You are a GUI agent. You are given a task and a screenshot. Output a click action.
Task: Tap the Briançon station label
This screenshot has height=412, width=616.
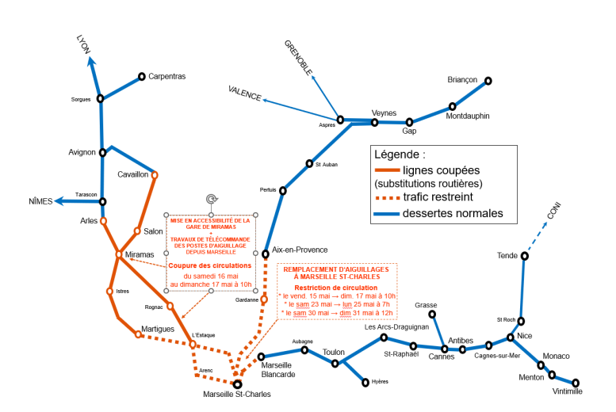click(x=462, y=79)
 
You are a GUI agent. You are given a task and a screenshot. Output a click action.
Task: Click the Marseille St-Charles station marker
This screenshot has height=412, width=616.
click(x=237, y=383)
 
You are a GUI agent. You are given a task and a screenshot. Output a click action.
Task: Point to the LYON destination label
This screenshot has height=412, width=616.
click(x=83, y=44)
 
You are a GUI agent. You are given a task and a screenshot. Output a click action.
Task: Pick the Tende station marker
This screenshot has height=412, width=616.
click(x=525, y=255)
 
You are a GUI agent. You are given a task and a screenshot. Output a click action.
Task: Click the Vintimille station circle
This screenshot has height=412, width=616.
click(x=576, y=383)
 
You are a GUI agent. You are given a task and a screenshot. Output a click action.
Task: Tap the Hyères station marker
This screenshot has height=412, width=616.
click(x=365, y=382)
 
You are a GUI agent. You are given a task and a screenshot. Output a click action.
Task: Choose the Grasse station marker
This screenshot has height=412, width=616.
click(x=432, y=314)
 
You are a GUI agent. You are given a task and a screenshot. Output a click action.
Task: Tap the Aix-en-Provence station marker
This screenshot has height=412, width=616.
click(x=266, y=254)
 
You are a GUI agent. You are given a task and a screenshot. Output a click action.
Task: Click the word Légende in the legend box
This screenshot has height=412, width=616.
click(x=400, y=154)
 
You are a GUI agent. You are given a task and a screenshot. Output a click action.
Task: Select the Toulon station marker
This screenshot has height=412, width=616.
click(x=335, y=364)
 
